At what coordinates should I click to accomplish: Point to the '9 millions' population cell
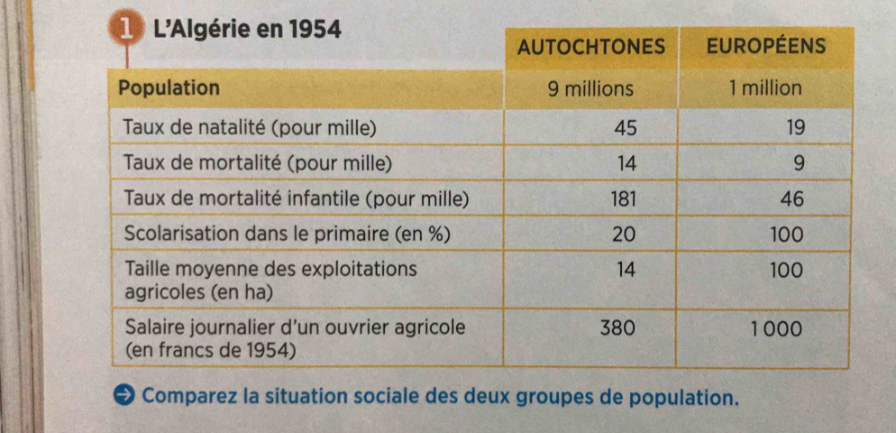[591, 88]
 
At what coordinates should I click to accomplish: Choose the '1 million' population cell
[765, 88]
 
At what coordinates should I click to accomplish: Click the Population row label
[169, 88]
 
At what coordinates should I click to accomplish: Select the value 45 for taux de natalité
[625, 127]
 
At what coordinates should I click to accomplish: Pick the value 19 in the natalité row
[793, 127]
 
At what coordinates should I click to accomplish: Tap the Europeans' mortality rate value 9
[796, 163]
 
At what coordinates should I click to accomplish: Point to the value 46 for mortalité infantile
[791, 198]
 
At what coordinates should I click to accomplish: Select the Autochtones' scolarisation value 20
[625, 234]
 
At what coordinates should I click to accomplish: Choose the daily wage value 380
[618, 328]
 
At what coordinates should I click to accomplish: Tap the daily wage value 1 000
[776, 329]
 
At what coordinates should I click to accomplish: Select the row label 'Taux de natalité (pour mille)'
[249, 127]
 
